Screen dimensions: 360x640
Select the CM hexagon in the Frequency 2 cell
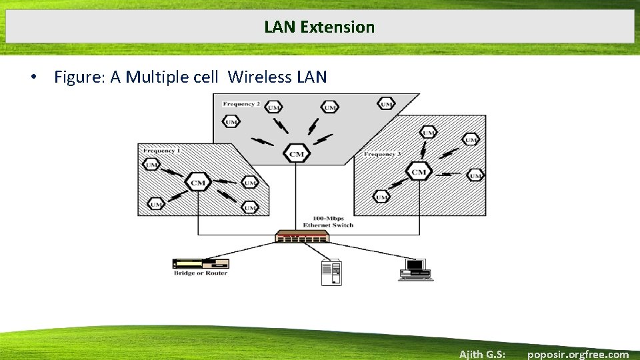[297, 154]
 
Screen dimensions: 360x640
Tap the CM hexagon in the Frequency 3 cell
[419, 172]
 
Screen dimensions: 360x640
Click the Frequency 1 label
[161, 151]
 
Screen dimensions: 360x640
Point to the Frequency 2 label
[241, 104]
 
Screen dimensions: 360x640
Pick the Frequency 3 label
[382, 154]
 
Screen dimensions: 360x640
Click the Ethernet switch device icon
[302, 237]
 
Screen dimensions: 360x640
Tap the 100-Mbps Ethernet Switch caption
[333, 222]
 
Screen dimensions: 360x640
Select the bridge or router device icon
[200, 263]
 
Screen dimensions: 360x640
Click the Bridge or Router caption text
[200, 273]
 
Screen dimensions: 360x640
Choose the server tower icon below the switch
[331, 272]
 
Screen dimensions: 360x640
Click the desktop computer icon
[415, 269]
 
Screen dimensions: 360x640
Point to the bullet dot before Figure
[33, 77]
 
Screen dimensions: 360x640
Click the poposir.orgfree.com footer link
[577, 354]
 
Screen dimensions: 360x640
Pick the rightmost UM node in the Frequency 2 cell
[385, 103]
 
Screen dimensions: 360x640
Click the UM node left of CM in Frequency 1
[152, 165]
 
